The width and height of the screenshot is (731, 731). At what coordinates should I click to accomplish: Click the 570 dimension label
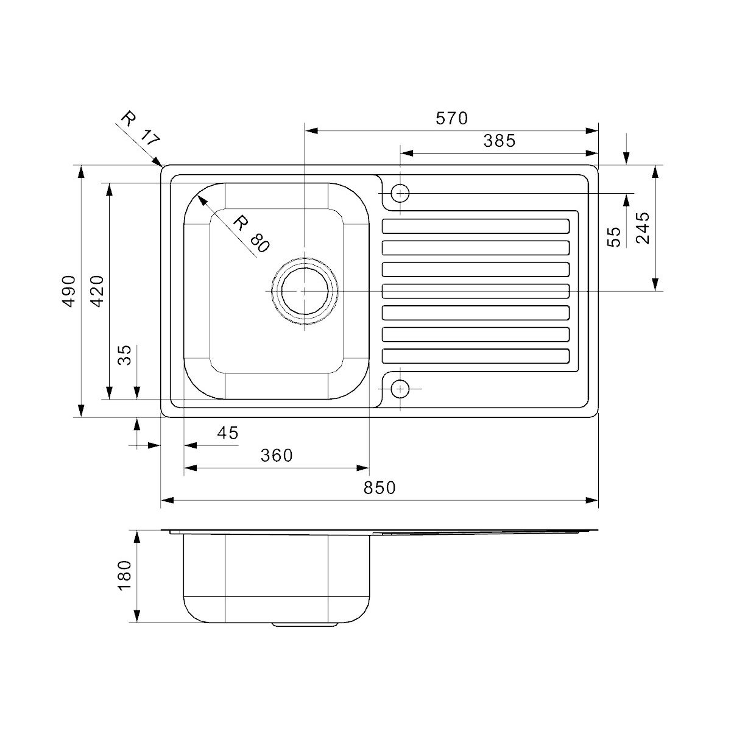click(x=451, y=118)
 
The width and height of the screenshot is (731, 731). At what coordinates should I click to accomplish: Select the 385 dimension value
click(x=500, y=141)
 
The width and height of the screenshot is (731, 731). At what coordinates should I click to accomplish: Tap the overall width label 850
click(x=380, y=487)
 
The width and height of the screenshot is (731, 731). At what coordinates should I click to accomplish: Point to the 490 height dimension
click(x=69, y=291)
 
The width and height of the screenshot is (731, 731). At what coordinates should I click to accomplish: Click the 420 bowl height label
click(x=97, y=291)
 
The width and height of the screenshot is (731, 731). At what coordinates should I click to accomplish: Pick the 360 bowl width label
click(x=277, y=455)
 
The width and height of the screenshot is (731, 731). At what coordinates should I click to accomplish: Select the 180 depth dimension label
click(x=124, y=576)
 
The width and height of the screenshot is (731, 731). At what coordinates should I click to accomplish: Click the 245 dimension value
click(x=643, y=228)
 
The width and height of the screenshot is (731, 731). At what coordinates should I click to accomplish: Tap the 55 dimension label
click(x=614, y=237)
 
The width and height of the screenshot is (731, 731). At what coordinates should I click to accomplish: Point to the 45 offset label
click(x=228, y=433)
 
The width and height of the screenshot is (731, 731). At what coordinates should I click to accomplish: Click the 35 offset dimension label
click(x=124, y=355)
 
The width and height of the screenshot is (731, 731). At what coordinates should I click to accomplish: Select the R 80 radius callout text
click(x=251, y=234)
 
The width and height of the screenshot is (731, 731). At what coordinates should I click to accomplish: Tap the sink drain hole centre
click(x=305, y=291)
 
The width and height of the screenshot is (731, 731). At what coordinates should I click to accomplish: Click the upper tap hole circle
click(x=400, y=194)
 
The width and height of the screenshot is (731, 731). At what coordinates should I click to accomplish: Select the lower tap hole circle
click(x=400, y=389)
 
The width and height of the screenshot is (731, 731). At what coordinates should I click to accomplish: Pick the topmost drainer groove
click(x=476, y=226)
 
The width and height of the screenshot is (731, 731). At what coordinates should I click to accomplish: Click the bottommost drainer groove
click(x=476, y=356)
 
